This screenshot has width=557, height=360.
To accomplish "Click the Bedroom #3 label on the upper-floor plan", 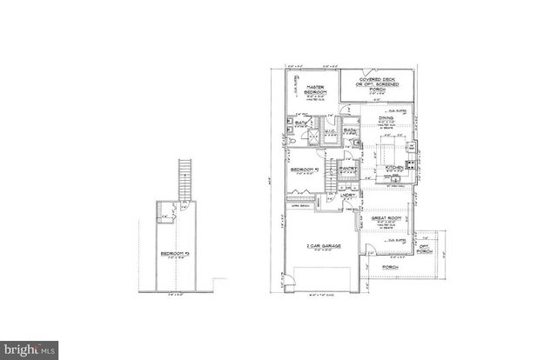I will (178, 254).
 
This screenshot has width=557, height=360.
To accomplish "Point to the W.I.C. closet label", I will (332, 131).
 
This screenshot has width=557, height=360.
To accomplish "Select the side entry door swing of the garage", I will (289, 280).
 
